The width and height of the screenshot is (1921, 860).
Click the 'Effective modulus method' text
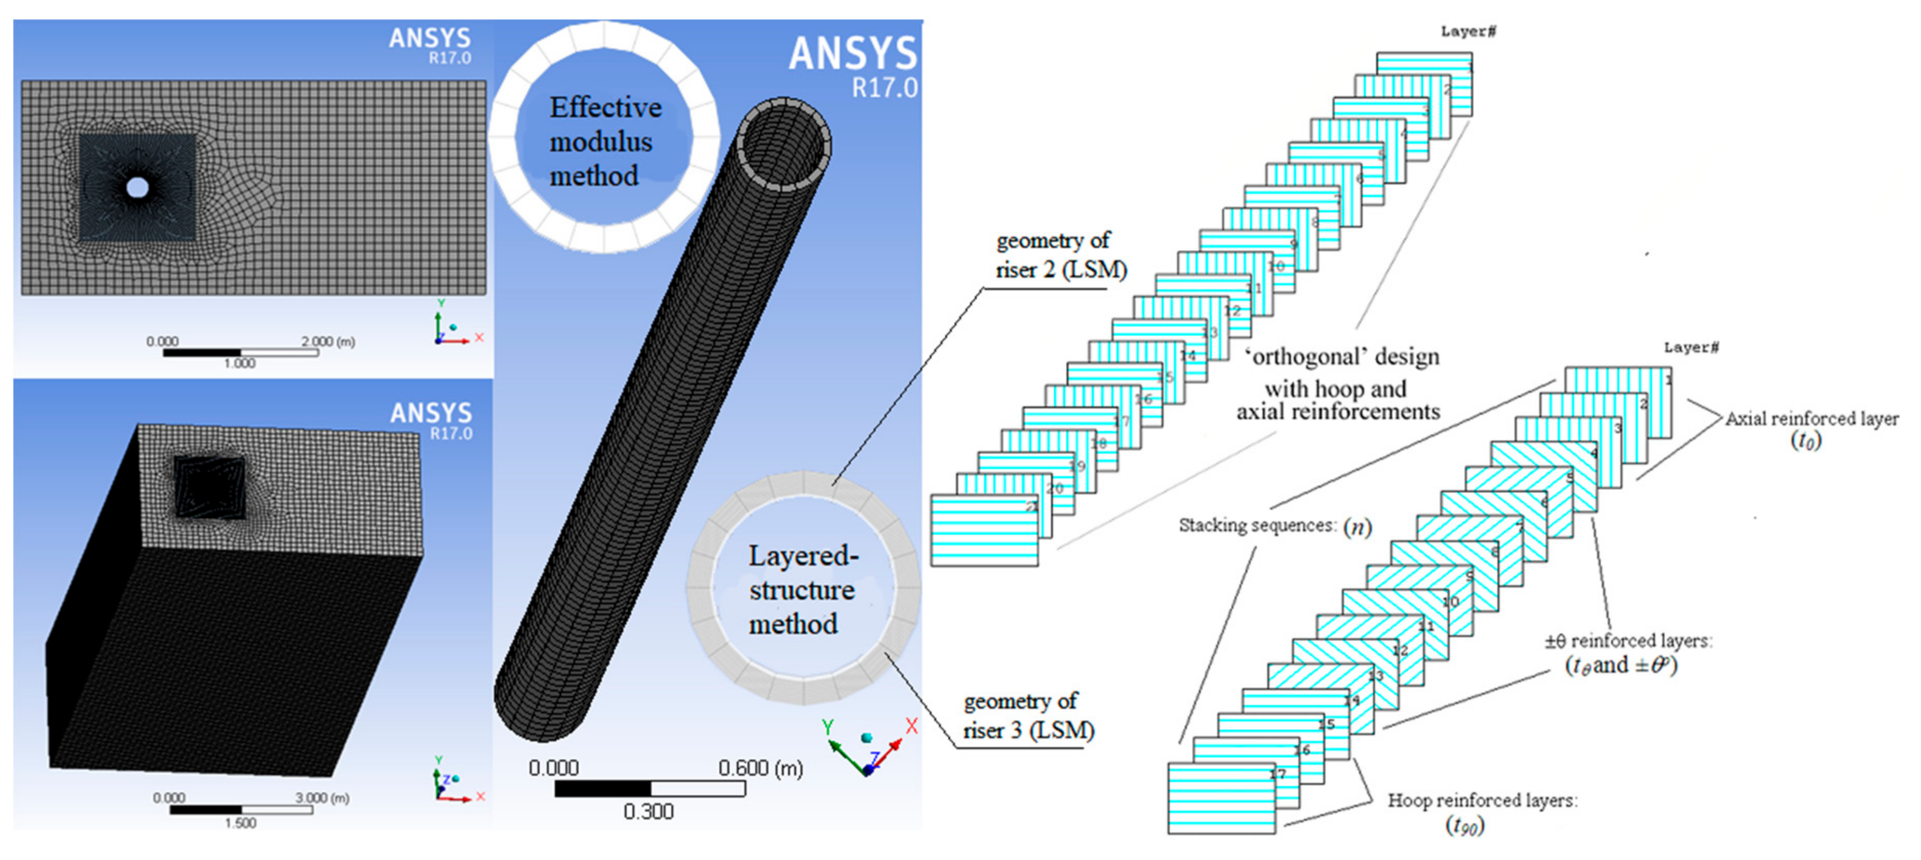pyautogui.click(x=604, y=142)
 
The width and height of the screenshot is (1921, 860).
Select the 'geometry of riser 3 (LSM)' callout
pyautogui.click(x=1028, y=716)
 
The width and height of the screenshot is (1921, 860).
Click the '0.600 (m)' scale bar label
pyautogui.click(x=760, y=768)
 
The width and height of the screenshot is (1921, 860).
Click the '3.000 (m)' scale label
pyautogui.click(x=323, y=797)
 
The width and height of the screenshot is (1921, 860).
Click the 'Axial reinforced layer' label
pyautogui.click(x=1811, y=419)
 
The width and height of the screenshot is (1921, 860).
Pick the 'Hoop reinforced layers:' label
pyautogui.click(x=1482, y=800)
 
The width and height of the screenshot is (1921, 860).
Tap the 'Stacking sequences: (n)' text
pyautogui.click(x=1273, y=526)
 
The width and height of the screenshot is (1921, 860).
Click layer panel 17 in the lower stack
pyautogui.click(x=1221, y=798)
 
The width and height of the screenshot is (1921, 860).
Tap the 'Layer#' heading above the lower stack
pyautogui.click(x=1691, y=347)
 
